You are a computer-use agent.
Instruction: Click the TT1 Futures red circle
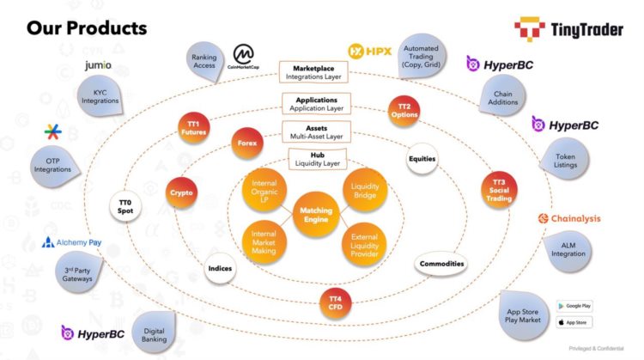[193, 129]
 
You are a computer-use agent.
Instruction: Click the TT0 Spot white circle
[125, 207]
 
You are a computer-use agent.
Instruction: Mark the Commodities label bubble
[441, 264]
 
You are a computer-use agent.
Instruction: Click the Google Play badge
[574, 306]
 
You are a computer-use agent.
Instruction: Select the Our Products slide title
[87, 27]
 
